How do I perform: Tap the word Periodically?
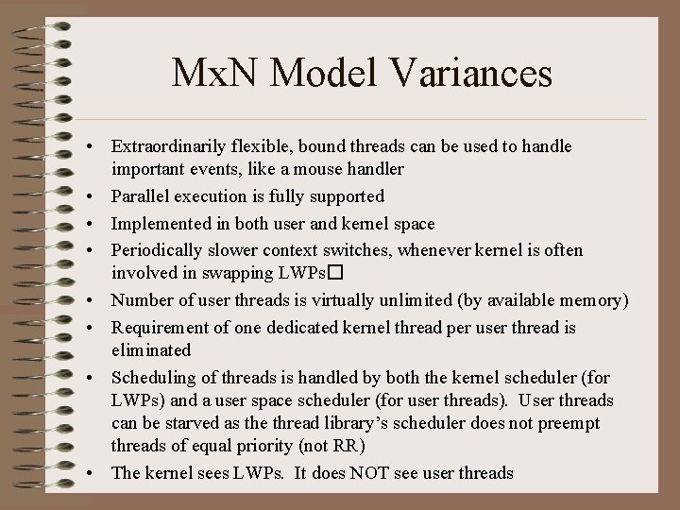click(157, 250)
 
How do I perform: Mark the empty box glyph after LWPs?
click(333, 274)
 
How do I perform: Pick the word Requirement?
click(160, 327)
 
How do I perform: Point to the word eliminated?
click(151, 349)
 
